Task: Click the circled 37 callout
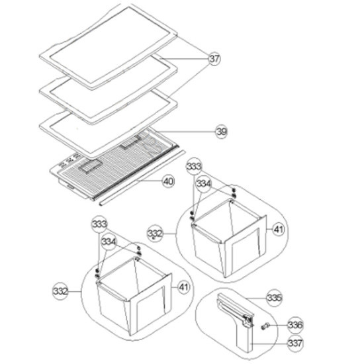coord(214,59)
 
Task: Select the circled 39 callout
coord(222,132)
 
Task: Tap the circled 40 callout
coord(168,181)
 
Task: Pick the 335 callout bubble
coord(275,298)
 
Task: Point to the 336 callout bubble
coord(295,325)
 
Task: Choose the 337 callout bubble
coord(295,343)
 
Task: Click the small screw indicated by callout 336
coord(264,326)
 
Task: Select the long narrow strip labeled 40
coord(142,178)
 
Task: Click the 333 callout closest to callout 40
coord(194,166)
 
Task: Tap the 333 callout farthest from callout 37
coord(99,224)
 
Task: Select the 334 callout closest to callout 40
coord(204,184)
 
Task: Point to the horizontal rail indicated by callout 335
coord(234,308)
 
